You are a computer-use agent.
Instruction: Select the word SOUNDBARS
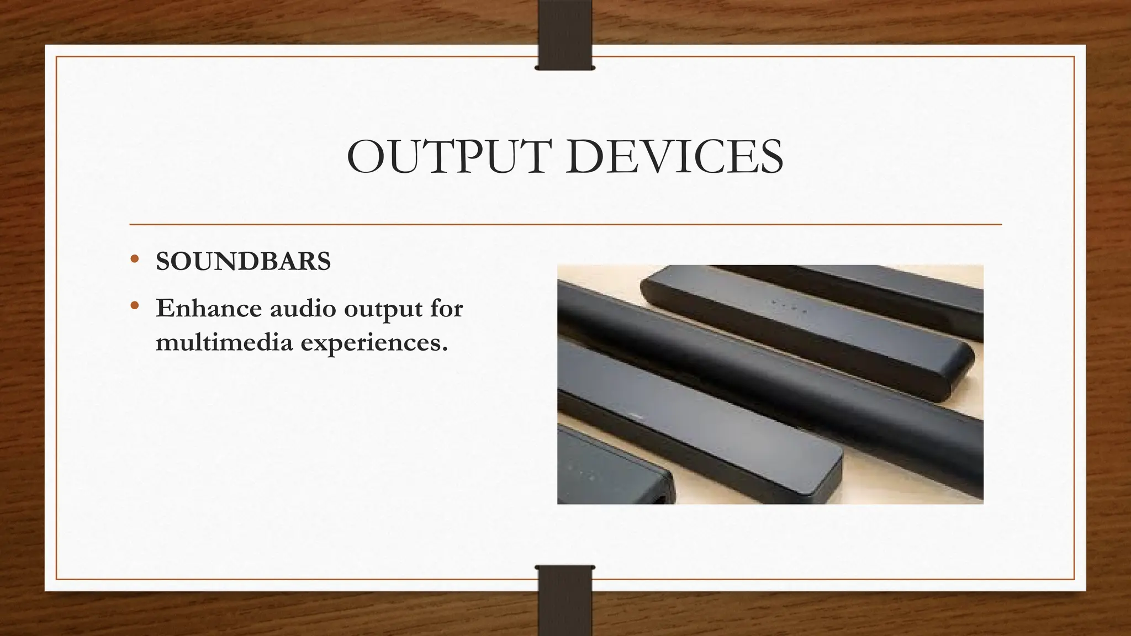[243, 262]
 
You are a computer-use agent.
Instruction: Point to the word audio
[303, 308]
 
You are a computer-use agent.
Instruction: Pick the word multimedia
[224, 342]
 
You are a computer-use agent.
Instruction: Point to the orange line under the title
[565, 225]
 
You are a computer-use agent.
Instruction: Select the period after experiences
[444, 349]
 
